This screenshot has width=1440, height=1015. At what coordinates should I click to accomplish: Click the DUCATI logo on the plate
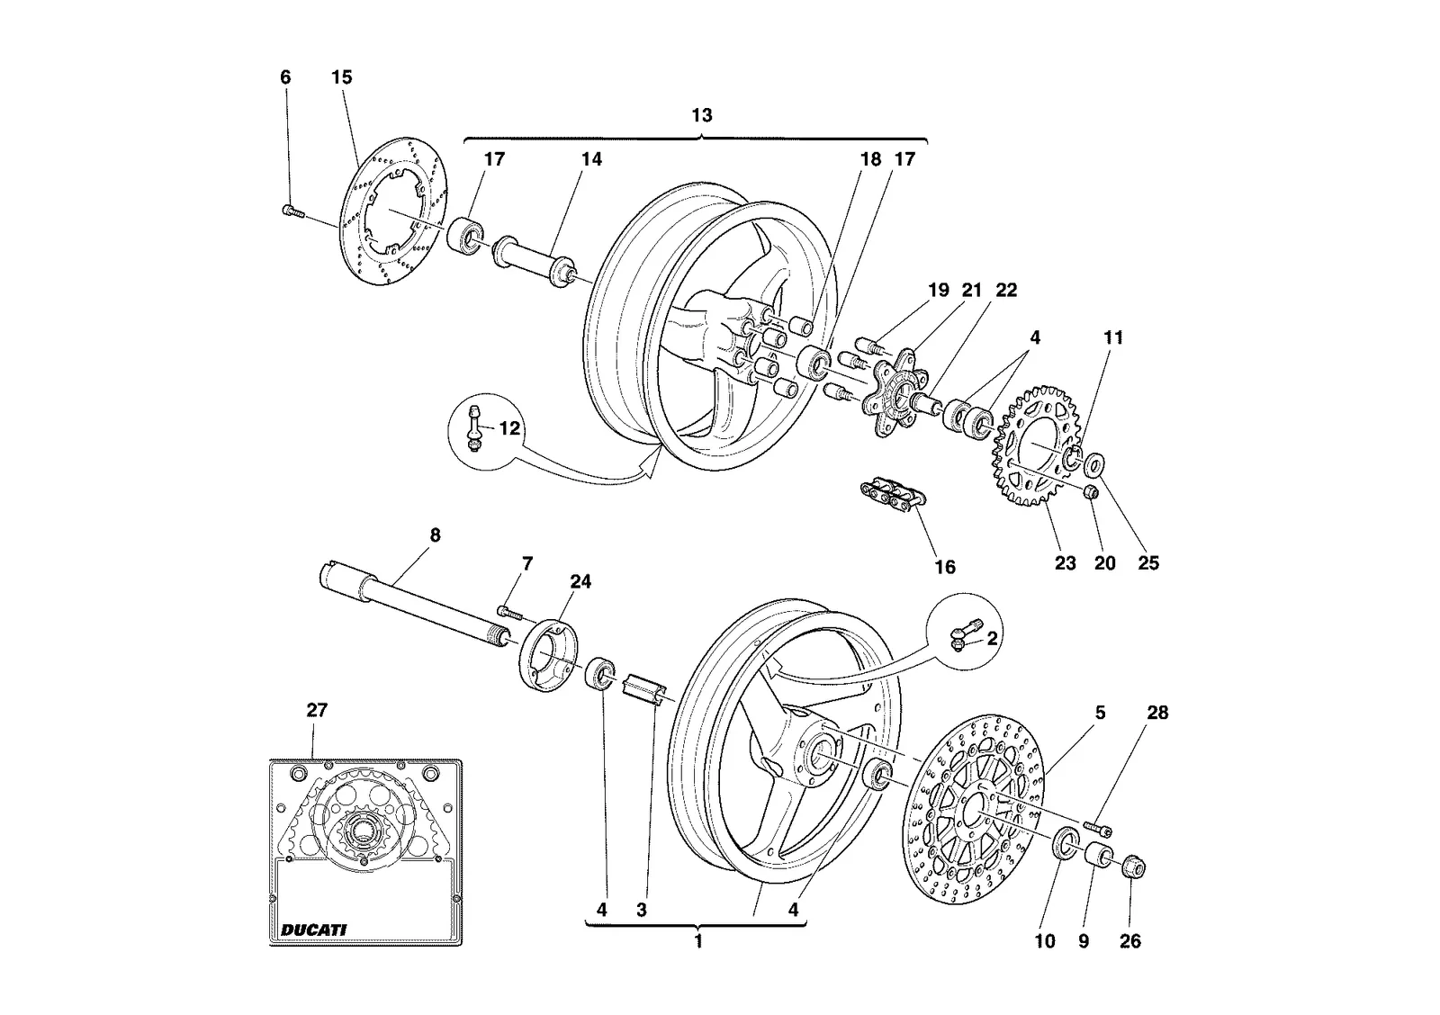coord(314,930)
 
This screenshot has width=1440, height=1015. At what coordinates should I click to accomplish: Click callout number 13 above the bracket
coord(701,116)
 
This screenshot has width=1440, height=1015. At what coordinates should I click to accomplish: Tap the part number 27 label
coord(317,710)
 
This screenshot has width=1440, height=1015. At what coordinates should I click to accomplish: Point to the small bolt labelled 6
coord(293,211)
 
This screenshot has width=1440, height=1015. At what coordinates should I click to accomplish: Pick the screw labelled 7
coord(510,611)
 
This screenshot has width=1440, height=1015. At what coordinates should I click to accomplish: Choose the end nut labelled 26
coord(1133,868)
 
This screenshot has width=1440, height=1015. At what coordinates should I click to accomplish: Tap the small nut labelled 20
coord(1090,492)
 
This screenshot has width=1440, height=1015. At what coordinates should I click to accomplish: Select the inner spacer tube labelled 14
coord(533,263)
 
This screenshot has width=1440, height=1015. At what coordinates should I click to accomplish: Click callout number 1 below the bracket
coord(698,942)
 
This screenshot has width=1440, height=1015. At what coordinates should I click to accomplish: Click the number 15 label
coord(342,77)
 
